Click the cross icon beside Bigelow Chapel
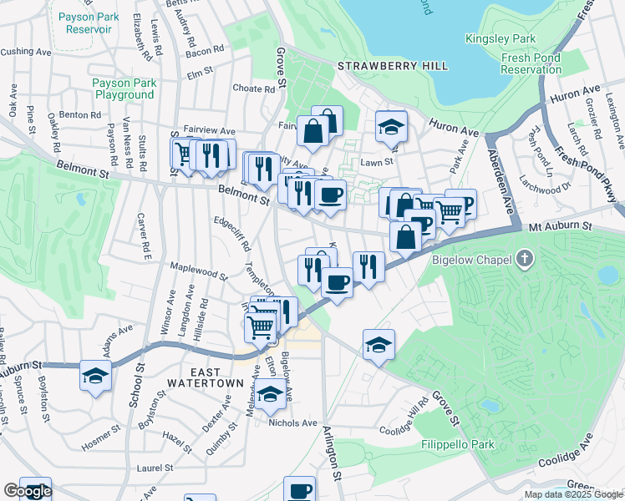[524, 258]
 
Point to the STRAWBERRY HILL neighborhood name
[392, 66]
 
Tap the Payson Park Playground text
[123, 89]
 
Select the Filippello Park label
[458, 444]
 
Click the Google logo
[28, 491]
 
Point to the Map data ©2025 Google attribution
[572, 494]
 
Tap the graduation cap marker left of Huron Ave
[390, 125]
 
